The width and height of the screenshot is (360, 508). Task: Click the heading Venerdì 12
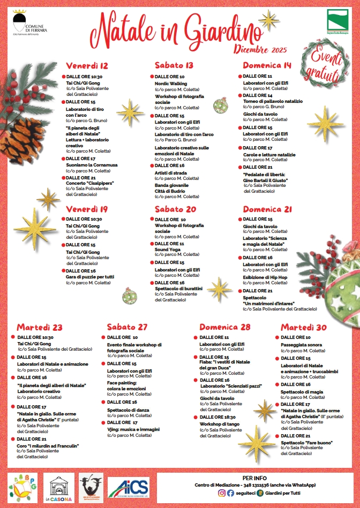click(x=87, y=66)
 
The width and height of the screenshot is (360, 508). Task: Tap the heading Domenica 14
click(x=267, y=66)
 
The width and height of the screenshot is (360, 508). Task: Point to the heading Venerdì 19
click(x=87, y=209)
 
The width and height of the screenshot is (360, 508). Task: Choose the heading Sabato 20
click(x=175, y=209)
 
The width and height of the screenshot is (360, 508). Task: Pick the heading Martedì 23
click(x=40, y=327)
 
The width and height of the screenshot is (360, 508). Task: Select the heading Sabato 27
click(x=127, y=327)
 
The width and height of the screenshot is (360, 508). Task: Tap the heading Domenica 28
click(x=225, y=327)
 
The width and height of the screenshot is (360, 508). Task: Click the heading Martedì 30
click(x=303, y=327)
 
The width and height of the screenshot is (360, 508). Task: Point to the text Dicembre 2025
click(x=261, y=49)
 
